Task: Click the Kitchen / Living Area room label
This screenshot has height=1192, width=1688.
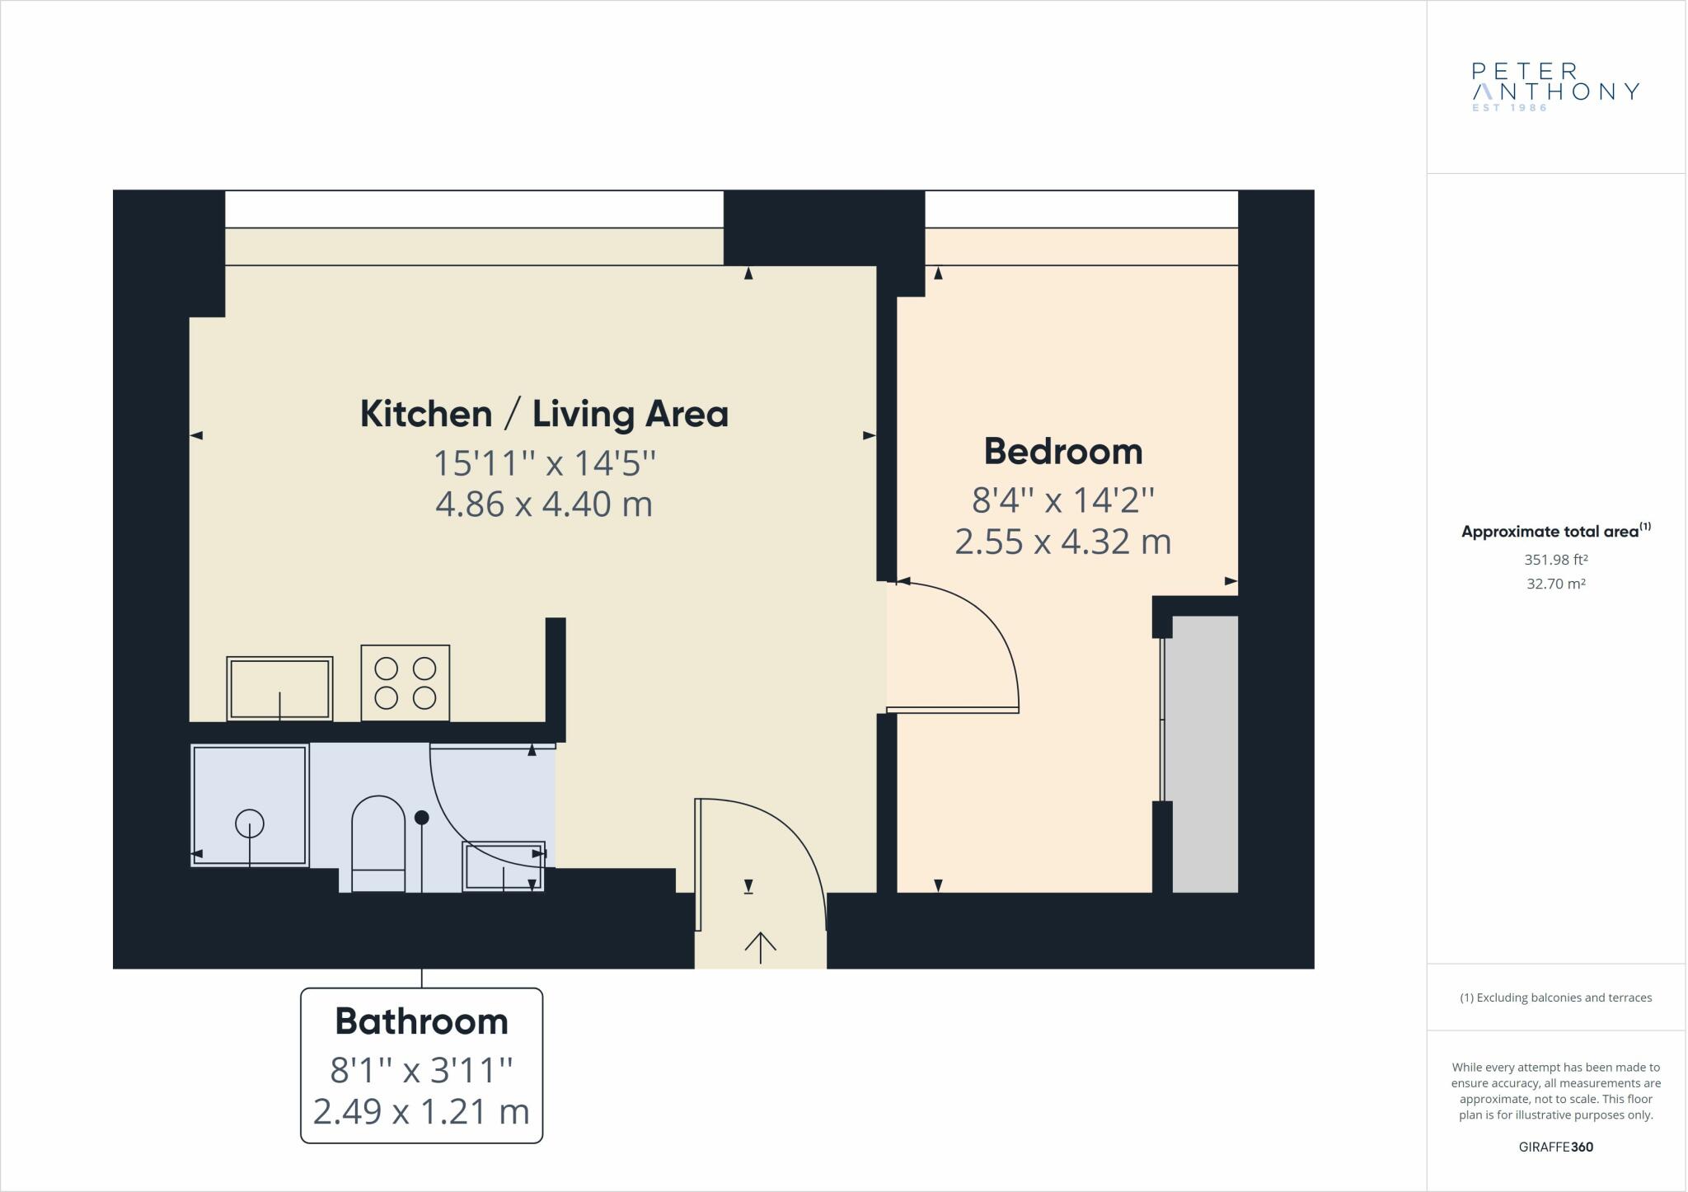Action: pyautogui.click(x=544, y=414)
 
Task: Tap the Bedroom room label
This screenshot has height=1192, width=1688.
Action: pyautogui.click(x=1062, y=452)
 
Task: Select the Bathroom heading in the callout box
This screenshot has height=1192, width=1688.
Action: pyautogui.click(x=421, y=1022)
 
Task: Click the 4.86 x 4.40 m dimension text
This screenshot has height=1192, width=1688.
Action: pyautogui.click(x=544, y=504)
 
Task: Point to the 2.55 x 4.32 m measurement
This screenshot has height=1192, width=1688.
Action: pyautogui.click(x=1062, y=542)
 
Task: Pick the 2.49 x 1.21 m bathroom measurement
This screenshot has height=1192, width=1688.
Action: pyautogui.click(x=421, y=1112)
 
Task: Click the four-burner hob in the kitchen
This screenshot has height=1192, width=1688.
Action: pyautogui.click(x=405, y=683)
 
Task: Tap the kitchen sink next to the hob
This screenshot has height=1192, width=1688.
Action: pyautogui.click(x=279, y=688)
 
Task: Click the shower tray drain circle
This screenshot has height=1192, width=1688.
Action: pyautogui.click(x=250, y=823)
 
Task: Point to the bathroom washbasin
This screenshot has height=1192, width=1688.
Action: pyautogui.click(x=504, y=866)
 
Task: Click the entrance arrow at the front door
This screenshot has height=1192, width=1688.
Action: pyautogui.click(x=759, y=946)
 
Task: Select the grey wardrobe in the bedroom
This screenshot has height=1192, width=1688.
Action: pyautogui.click(x=1204, y=753)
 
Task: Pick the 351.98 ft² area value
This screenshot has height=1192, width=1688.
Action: pyautogui.click(x=1555, y=560)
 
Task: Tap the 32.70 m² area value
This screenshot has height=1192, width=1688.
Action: pyautogui.click(x=1555, y=584)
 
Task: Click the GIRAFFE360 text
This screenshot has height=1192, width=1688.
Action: pyautogui.click(x=1555, y=1147)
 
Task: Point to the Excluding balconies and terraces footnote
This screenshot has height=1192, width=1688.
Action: pyautogui.click(x=1555, y=997)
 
